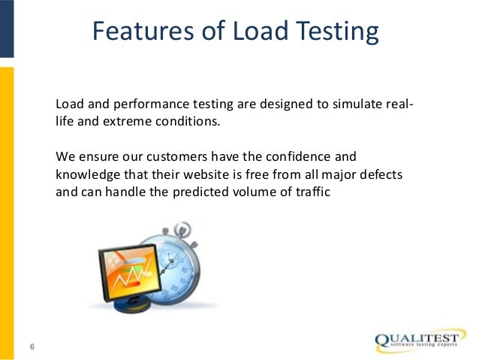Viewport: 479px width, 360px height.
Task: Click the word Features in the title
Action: tap(139, 32)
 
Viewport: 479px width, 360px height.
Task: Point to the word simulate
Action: tap(348, 104)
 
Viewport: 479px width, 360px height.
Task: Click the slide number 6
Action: tap(32, 345)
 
